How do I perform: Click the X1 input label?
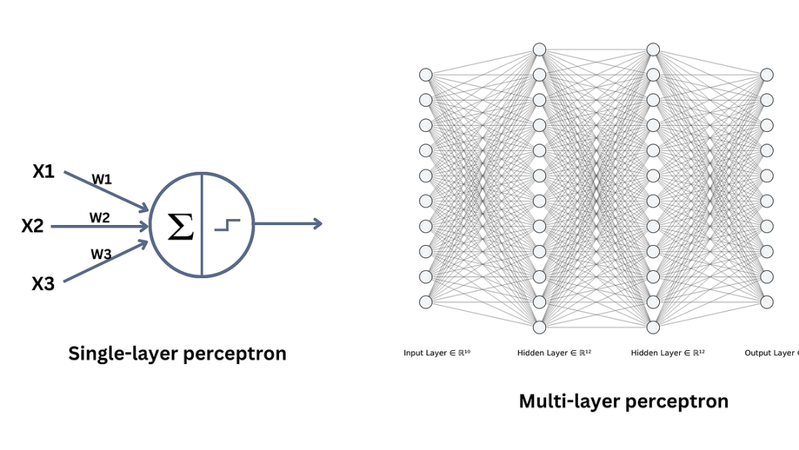[x=44, y=172]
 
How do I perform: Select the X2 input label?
[x=33, y=226]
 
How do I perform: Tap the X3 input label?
[x=43, y=283]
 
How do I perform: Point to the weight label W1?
[x=101, y=179]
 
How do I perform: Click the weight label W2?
[x=100, y=218]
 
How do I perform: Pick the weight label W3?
[x=101, y=254]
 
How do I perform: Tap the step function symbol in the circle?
[x=227, y=224]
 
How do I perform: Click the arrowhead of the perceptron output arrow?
[x=317, y=224]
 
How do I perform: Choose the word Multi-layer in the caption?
[x=570, y=401]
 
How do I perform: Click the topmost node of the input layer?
[x=425, y=75]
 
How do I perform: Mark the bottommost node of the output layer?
[x=767, y=302]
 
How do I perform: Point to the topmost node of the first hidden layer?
[x=539, y=50]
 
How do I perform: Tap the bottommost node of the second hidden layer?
[x=653, y=327]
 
